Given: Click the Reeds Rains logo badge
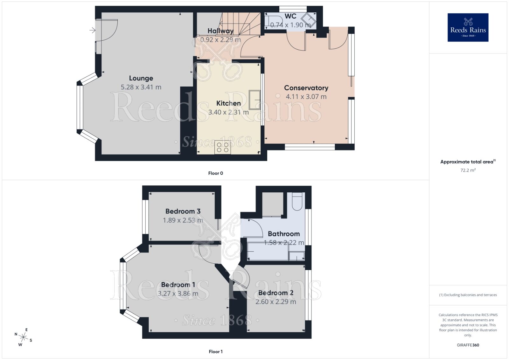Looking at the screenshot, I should click(468, 27).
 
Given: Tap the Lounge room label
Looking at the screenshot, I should click(141, 78).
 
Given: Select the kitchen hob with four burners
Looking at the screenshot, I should click(222, 147).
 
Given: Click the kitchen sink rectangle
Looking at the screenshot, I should click(254, 99).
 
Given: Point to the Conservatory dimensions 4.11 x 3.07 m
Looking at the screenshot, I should click(306, 97).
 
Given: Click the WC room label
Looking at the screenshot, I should click(290, 16).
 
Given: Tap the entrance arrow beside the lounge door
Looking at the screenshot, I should click(92, 31).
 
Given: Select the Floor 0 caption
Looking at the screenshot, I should click(215, 173).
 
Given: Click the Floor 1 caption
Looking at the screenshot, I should click(215, 352).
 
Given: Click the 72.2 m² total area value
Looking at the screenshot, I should click(468, 170).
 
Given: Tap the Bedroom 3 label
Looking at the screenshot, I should click(183, 211).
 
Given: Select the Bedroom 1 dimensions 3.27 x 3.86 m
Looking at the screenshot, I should click(178, 294).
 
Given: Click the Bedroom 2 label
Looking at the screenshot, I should click(275, 293).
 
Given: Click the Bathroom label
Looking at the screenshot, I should click(283, 234).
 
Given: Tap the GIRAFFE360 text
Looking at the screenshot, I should click(468, 345).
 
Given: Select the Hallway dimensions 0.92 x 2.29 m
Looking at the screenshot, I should click(220, 40).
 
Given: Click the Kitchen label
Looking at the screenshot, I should click(228, 103).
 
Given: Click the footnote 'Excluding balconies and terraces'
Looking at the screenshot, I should click(468, 295).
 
